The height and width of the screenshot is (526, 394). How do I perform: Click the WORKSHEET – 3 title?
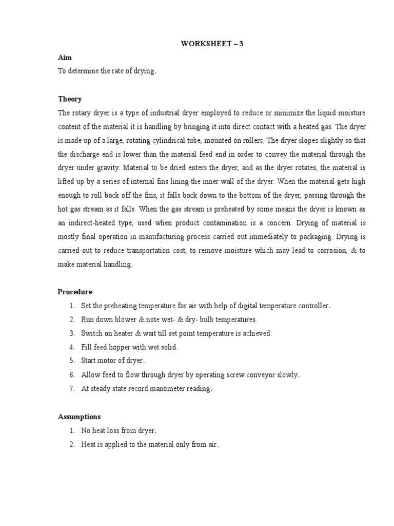point(212,44)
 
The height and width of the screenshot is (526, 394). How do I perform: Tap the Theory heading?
point(69,99)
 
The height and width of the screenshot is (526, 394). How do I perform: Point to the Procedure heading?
point(75,292)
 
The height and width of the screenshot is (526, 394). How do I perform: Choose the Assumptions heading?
point(79,417)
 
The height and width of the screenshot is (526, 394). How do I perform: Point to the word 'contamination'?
point(240,223)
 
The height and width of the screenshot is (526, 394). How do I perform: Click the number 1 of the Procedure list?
point(72,306)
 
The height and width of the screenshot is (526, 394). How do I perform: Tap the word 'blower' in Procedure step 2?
point(124,320)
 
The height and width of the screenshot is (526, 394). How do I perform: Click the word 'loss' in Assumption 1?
point(117,430)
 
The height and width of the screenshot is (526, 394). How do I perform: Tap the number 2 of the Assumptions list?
point(72,444)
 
